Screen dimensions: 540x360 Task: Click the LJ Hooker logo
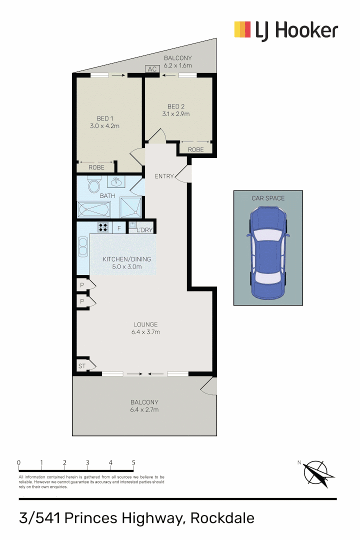[x=286, y=30]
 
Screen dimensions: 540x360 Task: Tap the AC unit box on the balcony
[x=152, y=69]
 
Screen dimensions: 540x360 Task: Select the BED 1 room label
[x=103, y=118]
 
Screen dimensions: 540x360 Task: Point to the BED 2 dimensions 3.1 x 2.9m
[x=175, y=114]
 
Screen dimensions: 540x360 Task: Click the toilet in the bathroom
[x=93, y=186]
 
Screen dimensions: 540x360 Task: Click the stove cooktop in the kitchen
[x=103, y=228]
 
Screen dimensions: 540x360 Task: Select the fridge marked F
[x=119, y=228]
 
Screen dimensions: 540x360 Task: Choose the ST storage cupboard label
[x=81, y=366]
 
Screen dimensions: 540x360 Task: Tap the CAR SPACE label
[x=268, y=198]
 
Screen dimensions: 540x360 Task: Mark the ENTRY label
[x=164, y=176]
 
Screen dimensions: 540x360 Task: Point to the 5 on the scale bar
[x=133, y=462]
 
